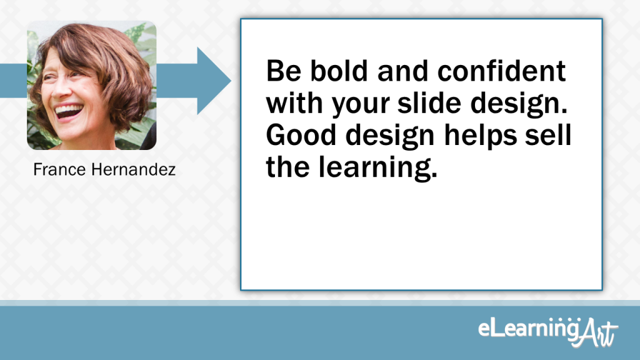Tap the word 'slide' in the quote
[x=429, y=103]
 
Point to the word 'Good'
[x=301, y=135]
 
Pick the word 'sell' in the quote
[x=548, y=135]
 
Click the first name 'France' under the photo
[x=59, y=169]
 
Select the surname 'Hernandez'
[x=134, y=169]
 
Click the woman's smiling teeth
[x=68, y=110]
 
